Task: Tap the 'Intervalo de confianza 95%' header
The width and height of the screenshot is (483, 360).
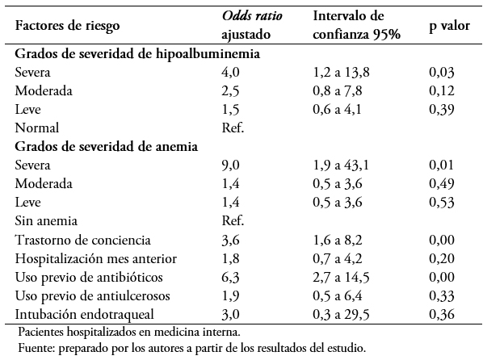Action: [356, 25]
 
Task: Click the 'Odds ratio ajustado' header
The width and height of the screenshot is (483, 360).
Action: [252, 25]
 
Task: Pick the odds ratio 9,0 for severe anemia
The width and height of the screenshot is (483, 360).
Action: [230, 165]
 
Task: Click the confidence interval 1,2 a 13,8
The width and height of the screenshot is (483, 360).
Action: [341, 73]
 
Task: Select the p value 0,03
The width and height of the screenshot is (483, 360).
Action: [442, 73]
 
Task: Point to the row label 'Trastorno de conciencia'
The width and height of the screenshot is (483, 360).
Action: [83, 241]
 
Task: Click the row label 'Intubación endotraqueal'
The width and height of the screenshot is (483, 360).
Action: [84, 315]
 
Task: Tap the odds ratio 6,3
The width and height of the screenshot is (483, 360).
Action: [230, 278]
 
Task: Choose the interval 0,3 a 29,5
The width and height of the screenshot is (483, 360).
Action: [341, 315]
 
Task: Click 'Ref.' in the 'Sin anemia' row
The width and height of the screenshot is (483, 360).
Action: [233, 221]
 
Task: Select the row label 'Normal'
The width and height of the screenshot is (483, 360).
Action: [36, 128]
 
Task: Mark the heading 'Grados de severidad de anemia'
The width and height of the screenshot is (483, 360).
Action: [107, 147]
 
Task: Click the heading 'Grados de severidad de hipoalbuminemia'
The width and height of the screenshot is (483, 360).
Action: [137, 54]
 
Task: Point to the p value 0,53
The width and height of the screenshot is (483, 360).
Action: [442, 203]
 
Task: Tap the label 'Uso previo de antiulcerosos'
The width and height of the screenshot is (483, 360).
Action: [92, 296]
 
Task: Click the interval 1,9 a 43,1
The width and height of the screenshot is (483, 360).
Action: [341, 165]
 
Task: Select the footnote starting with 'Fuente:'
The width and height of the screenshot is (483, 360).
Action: [192, 348]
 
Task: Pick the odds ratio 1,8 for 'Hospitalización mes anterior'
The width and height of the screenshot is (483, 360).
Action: [230, 258]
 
